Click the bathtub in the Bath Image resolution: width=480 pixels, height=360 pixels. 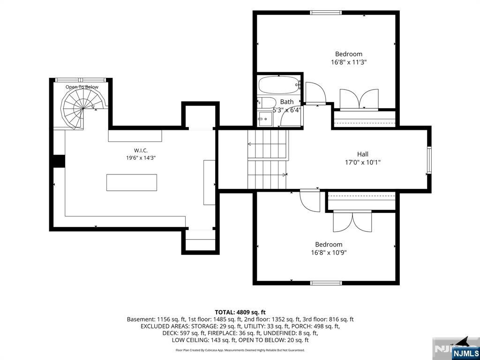tap(279, 85)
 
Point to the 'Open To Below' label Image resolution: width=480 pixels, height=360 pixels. tap(82, 87)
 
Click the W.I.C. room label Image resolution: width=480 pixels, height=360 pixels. tap(141, 150)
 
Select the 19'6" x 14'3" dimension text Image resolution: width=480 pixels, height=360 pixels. tap(141, 158)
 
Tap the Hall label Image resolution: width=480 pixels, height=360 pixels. tap(363, 154)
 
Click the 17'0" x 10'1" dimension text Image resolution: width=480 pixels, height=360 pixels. tap(363, 162)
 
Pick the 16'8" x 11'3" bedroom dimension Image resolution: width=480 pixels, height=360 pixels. tap(349, 62)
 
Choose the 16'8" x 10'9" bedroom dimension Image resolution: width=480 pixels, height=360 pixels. tap(329, 253)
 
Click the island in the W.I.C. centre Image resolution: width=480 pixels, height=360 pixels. tap(132, 182)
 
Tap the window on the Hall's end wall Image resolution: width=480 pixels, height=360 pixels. tap(429, 160)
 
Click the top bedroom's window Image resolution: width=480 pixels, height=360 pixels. tap(326, 13)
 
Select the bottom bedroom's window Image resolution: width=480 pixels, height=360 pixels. tap(326, 283)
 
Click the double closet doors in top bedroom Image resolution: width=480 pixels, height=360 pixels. tap(359, 99)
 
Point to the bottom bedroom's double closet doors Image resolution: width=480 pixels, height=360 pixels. tap(352, 221)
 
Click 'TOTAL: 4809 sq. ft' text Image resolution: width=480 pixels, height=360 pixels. tap(240, 312)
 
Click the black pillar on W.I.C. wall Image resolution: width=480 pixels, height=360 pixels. tap(59, 161)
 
